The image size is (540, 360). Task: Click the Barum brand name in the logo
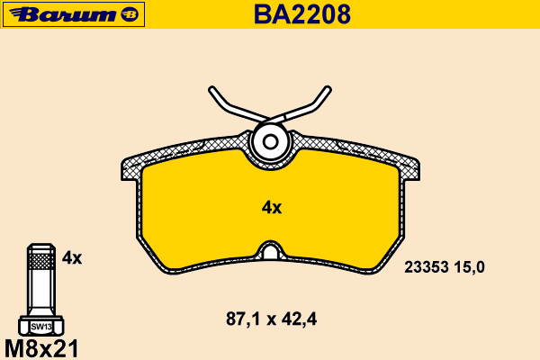point(63,14)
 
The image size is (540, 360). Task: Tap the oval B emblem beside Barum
point(130,14)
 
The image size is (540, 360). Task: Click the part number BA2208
point(302,14)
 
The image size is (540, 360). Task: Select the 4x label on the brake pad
point(272,208)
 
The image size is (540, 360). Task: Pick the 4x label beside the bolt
point(72,257)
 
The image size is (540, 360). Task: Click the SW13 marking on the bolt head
point(41,327)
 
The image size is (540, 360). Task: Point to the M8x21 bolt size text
point(41,348)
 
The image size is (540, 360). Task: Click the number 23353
point(427,267)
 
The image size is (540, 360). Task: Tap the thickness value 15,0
point(469,267)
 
